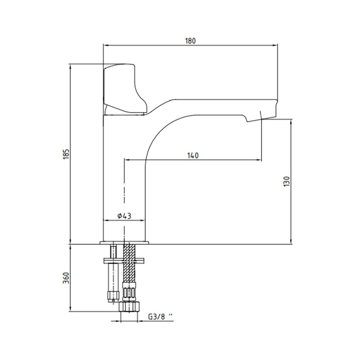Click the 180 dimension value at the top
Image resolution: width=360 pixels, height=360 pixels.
190,41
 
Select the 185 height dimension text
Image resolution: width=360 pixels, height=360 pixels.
66,154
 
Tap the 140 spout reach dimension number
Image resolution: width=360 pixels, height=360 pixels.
193,156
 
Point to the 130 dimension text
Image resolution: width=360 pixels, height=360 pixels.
287,181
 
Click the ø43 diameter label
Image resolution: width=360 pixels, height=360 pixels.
124,216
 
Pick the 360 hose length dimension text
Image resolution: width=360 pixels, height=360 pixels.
66,278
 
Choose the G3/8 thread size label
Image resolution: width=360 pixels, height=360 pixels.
160,317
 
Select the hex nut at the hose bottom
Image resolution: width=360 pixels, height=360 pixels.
129,306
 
